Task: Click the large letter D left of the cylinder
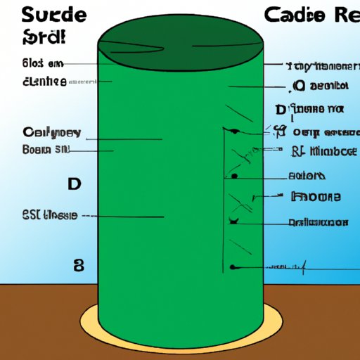pos(74,184)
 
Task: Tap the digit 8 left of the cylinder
pos(79,265)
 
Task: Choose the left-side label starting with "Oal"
pos(51,132)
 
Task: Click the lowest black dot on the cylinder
pos(233,267)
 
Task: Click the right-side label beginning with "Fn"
pos(316,197)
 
